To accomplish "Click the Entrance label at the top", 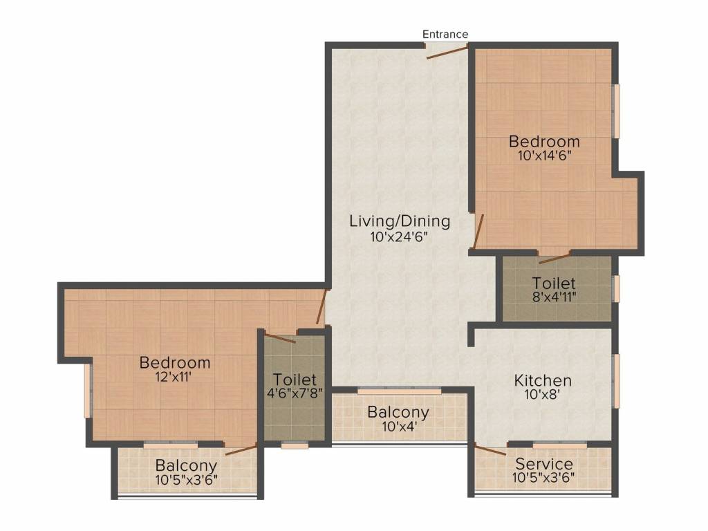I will click(x=445, y=34).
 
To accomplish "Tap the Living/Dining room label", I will click(x=400, y=222).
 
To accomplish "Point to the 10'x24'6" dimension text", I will click(x=400, y=236).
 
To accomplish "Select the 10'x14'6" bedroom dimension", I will click(x=544, y=156).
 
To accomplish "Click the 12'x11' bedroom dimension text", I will click(x=175, y=377).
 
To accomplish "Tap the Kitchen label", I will click(x=543, y=380).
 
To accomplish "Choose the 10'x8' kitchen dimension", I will click(x=543, y=395).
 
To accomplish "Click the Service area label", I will click(x=543, y=464).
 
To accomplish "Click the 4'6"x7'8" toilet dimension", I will click(x=295, y=394).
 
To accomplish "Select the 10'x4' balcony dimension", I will click(x=398, y=427).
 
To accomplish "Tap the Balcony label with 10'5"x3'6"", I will click(x=186, y=466).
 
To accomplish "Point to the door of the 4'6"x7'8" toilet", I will click(x=280, y=338).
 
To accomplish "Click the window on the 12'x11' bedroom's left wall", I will click(x=87, y=391).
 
